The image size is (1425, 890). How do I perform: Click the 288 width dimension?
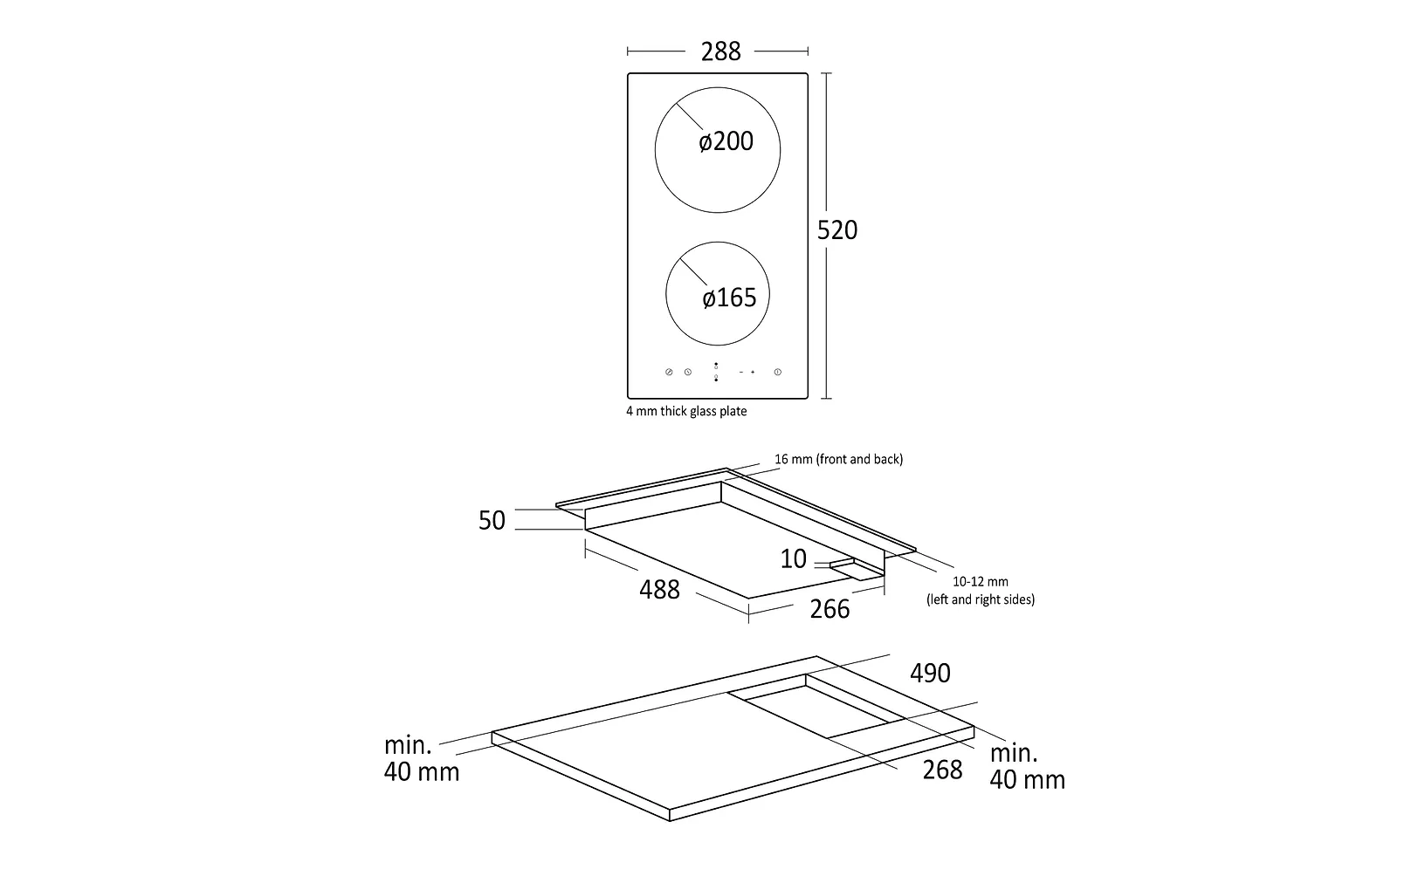pyautogui.click(x=720, y=51)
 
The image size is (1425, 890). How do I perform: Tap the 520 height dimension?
pyautogui.click(x=836, y=229)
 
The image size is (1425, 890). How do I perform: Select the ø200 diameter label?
pyautogui.click(x=726, y=141)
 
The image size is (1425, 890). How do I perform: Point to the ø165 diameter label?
pyautogui.click(x=729, y=298)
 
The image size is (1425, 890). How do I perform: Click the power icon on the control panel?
pyautogui.click(x=777, y=373)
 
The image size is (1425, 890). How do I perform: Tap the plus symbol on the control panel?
pyautogui.click(x=753, y=373)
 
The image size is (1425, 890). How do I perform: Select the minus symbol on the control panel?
pyautogui.click(x=740, y=373)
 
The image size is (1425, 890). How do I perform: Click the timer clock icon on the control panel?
pyautogui.click(x=688, y=373)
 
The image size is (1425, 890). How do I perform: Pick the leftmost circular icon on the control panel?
pyautogui.click(x=669, y=373)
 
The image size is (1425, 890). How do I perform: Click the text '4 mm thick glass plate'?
pyautogui.click(x=686, y=411)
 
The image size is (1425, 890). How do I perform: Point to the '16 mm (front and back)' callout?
pyautogui.click(x=838, y=459)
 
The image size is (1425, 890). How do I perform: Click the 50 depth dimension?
pyautogui.click(x=492, y=520)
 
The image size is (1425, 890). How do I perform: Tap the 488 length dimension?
pyautogui.click(x=659, y=590)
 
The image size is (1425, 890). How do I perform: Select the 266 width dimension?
pyautogui.click(x=829, y=609)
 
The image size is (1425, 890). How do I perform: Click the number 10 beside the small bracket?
pyautogui.click(x=793, y=558)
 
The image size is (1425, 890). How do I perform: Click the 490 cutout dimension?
pyautogui.click(x=930, y=673)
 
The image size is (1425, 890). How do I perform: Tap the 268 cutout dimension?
pyautogui.click(x=942, y=770)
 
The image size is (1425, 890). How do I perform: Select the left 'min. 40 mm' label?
pyautogui.click(x=421, y=758)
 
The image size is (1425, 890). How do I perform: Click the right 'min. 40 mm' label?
pyautogui.click(x=1027, y=766)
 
